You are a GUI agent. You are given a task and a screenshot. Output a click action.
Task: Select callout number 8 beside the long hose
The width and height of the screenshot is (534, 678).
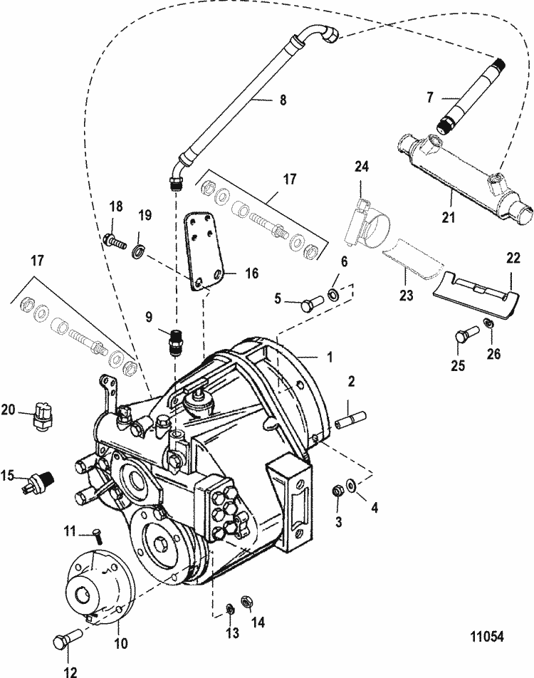pos(283,100)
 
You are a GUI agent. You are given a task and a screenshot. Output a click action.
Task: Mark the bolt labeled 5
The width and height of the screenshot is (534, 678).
pos(307,304)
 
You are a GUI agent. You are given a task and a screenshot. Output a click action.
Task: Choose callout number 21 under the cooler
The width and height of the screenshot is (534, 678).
pos(449,217)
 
